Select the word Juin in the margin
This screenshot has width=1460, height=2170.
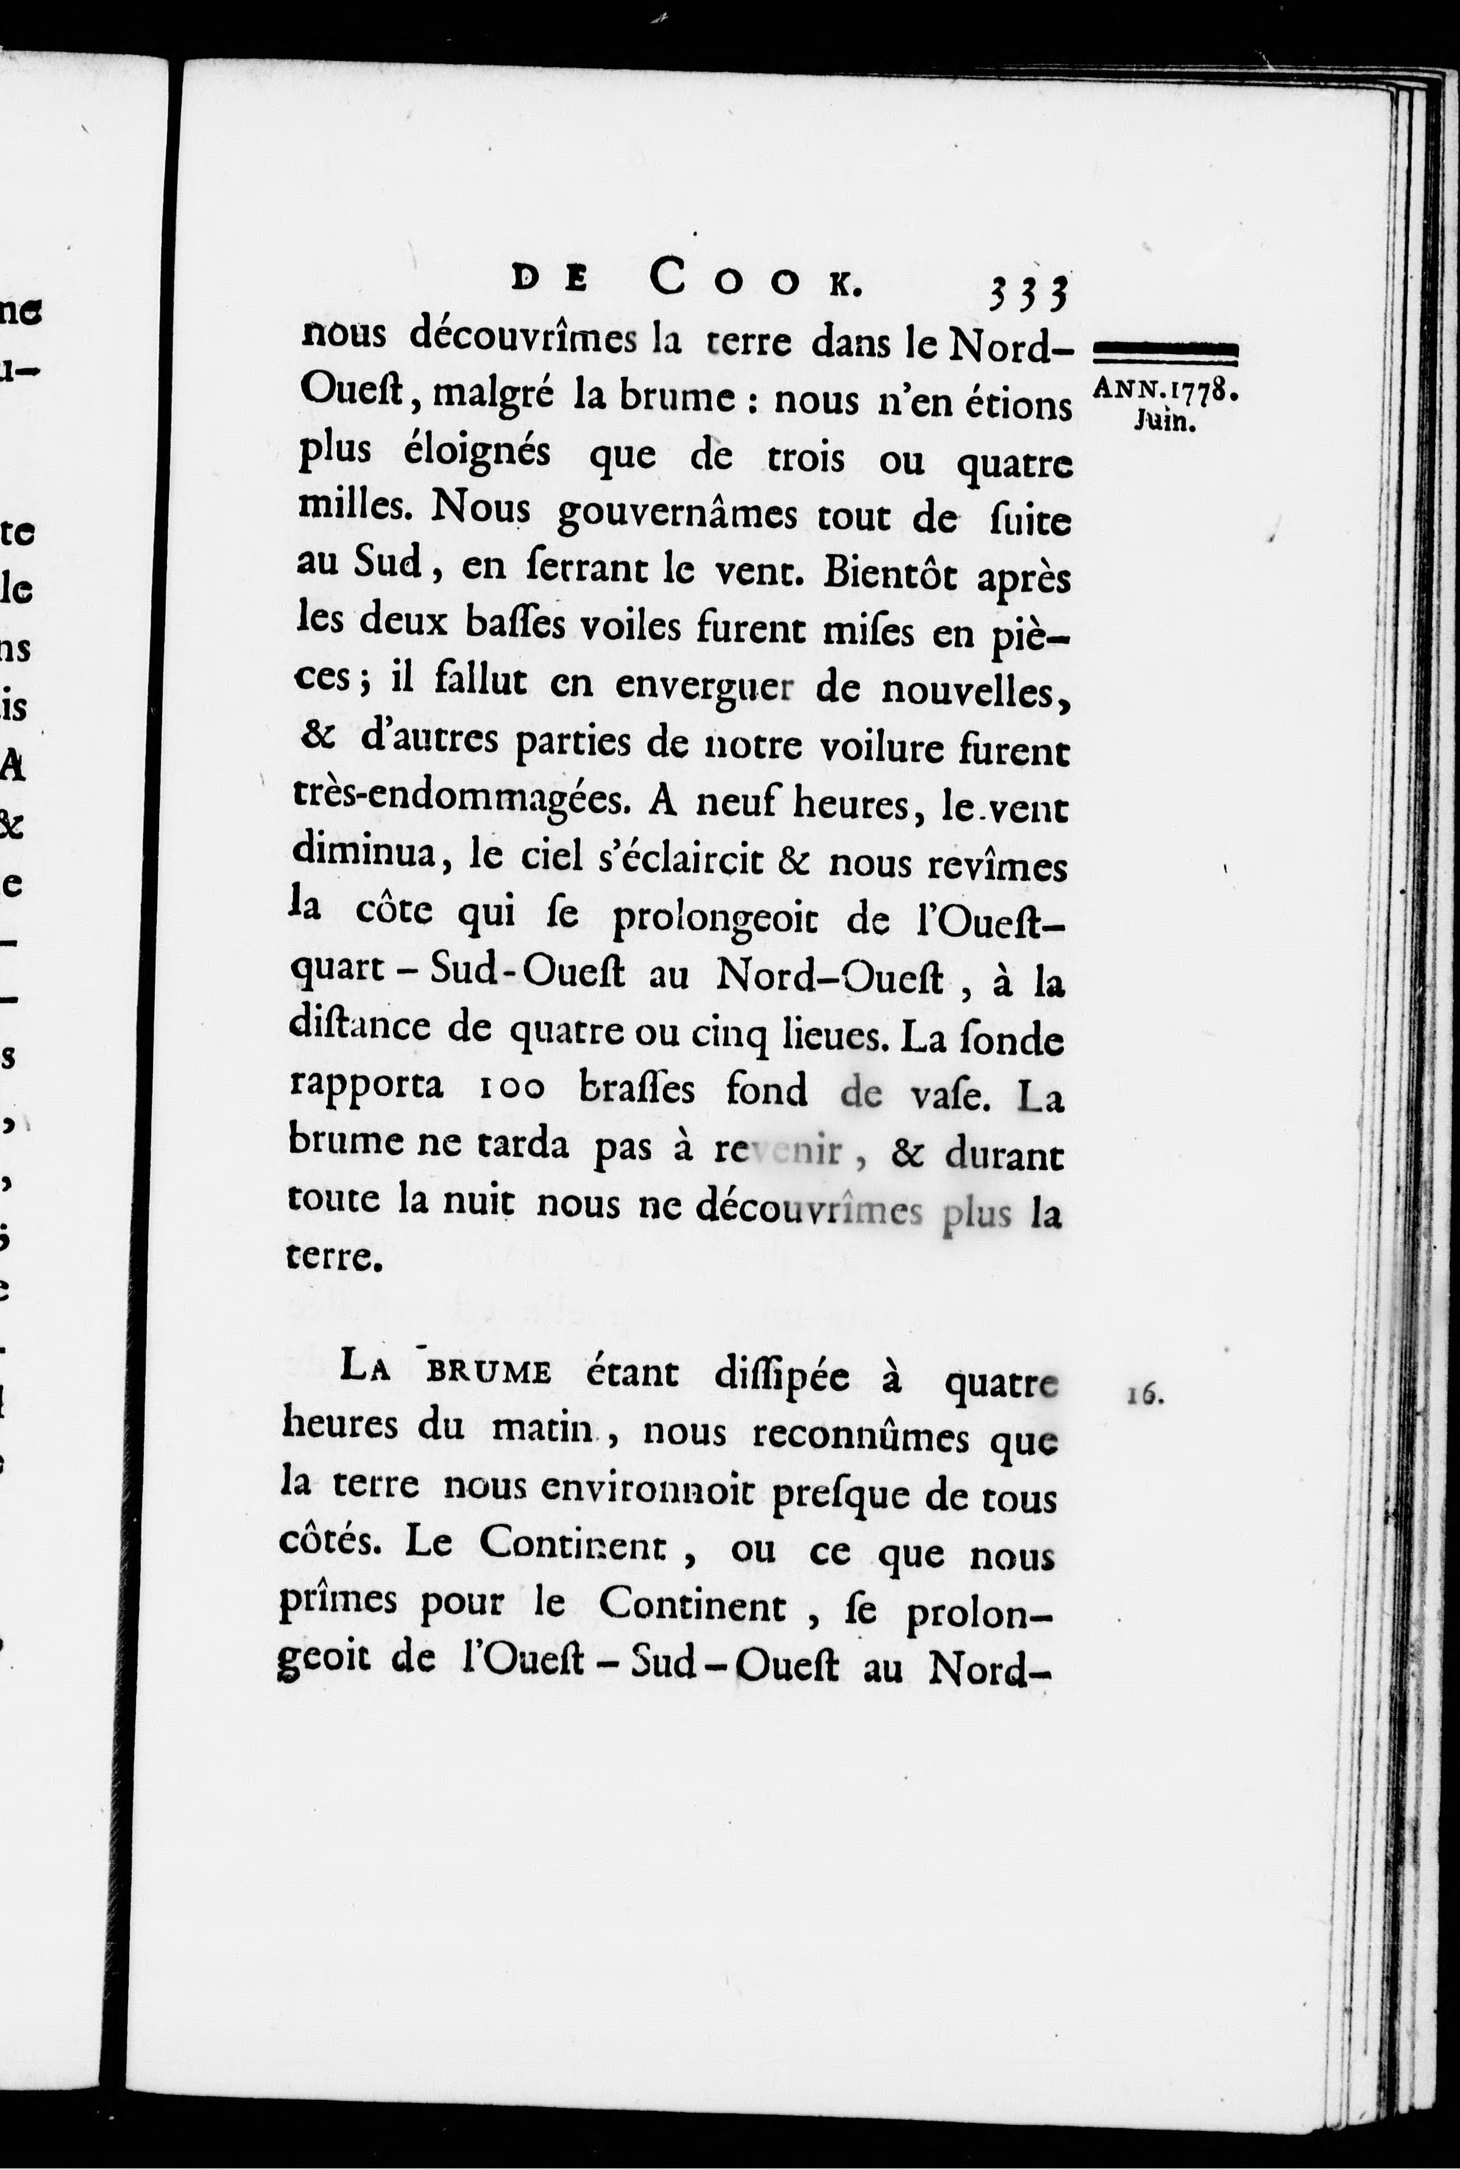[x=1163, y=422]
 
